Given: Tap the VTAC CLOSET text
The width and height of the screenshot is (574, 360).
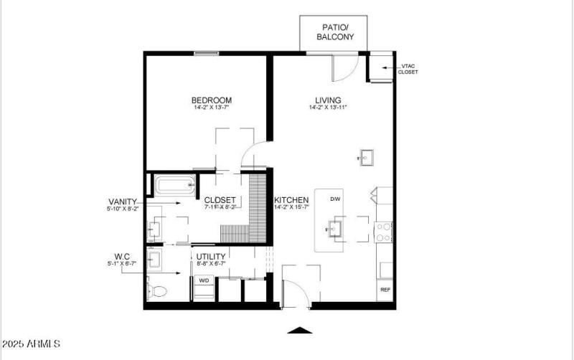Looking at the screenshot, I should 408,69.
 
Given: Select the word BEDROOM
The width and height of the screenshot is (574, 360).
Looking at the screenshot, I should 211,100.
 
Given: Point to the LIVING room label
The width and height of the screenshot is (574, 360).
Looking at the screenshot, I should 328,100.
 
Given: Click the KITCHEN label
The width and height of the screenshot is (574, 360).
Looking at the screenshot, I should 291,200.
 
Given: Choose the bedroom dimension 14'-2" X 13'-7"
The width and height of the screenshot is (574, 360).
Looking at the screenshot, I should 211,108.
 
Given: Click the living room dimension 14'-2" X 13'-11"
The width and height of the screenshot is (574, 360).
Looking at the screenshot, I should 328,108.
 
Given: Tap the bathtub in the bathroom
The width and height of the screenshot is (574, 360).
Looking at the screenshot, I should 175,186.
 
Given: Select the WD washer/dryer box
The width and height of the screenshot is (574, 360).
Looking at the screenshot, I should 204,280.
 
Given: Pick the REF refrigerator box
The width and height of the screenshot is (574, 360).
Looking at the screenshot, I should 385,290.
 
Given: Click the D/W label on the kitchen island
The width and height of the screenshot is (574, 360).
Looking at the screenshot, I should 335,199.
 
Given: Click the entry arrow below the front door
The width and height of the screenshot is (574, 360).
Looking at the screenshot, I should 299,330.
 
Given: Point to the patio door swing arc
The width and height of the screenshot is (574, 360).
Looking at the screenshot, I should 343,69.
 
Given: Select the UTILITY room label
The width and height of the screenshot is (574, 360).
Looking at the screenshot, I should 211,257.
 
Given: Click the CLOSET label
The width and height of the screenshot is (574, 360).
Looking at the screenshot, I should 220,200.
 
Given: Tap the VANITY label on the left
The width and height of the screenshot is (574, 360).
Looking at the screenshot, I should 123,202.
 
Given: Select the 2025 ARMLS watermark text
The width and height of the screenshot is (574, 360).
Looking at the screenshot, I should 31,345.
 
